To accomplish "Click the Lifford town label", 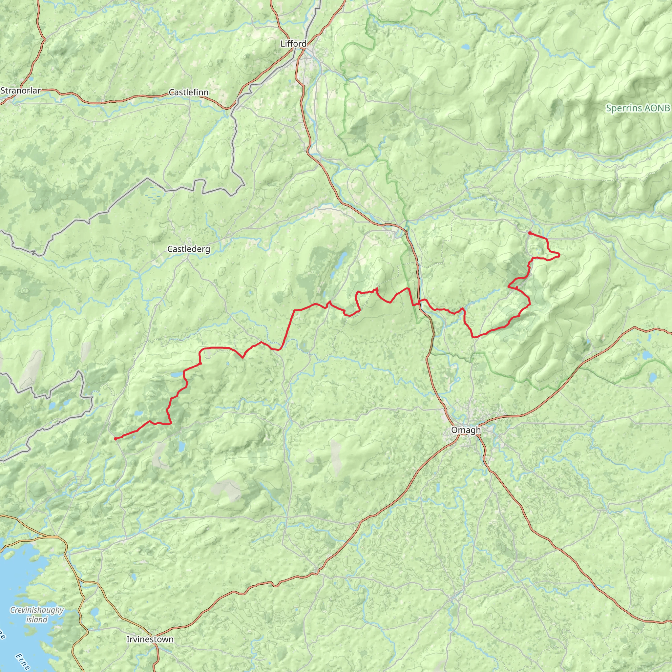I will pos(294,44).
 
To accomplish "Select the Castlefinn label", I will pos(189,93).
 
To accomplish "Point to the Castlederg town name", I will pos(189,249).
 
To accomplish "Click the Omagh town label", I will pos(466,430).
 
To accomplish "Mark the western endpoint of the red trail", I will pos(115,439).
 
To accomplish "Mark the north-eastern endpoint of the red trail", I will pos(529,233).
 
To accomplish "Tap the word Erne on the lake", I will pos(23,661).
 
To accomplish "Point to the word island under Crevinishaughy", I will pos(37,619).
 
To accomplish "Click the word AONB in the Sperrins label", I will pos(657,108).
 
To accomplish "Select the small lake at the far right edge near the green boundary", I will pos(653,377).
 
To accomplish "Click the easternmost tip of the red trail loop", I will pos(560,256).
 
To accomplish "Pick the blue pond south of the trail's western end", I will pos(181,446).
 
